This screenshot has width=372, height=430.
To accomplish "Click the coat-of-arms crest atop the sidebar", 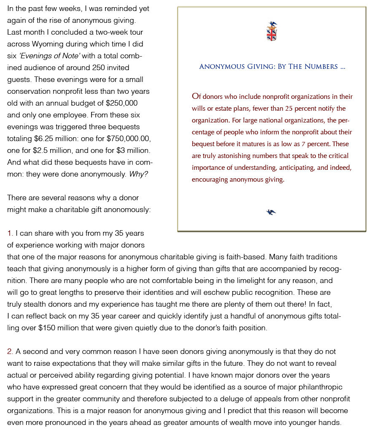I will [272, 32].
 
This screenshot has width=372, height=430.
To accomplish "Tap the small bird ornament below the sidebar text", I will [271, 212].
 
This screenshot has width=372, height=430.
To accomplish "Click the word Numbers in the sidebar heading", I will [323, 67].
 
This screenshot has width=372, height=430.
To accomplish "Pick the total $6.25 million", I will [53, 139].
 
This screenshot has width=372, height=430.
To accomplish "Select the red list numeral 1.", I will [10, 233].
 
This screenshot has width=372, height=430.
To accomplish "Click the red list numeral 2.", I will [10, 351].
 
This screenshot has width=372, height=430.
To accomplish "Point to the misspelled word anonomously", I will [129, 210].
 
